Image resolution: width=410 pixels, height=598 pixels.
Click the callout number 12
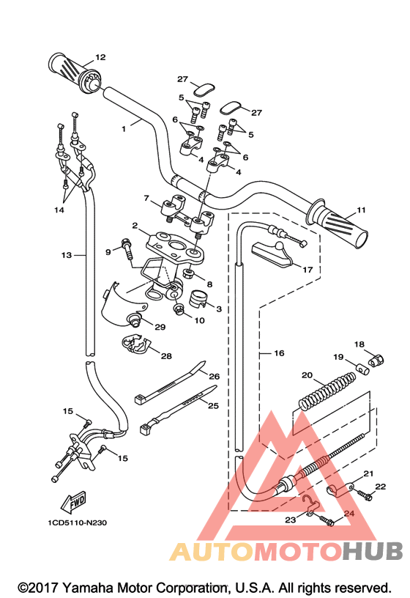coord(100,57)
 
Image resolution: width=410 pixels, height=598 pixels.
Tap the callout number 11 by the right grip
coord(361,210)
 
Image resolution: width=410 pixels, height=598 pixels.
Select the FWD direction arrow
coord(73,501)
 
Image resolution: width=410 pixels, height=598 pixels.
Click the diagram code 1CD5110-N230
coord(77,523)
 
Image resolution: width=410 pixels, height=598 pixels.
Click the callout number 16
coord(279,353)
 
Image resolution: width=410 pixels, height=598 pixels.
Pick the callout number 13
coord(67,255)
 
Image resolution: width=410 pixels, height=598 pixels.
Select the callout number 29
coord(160,327)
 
